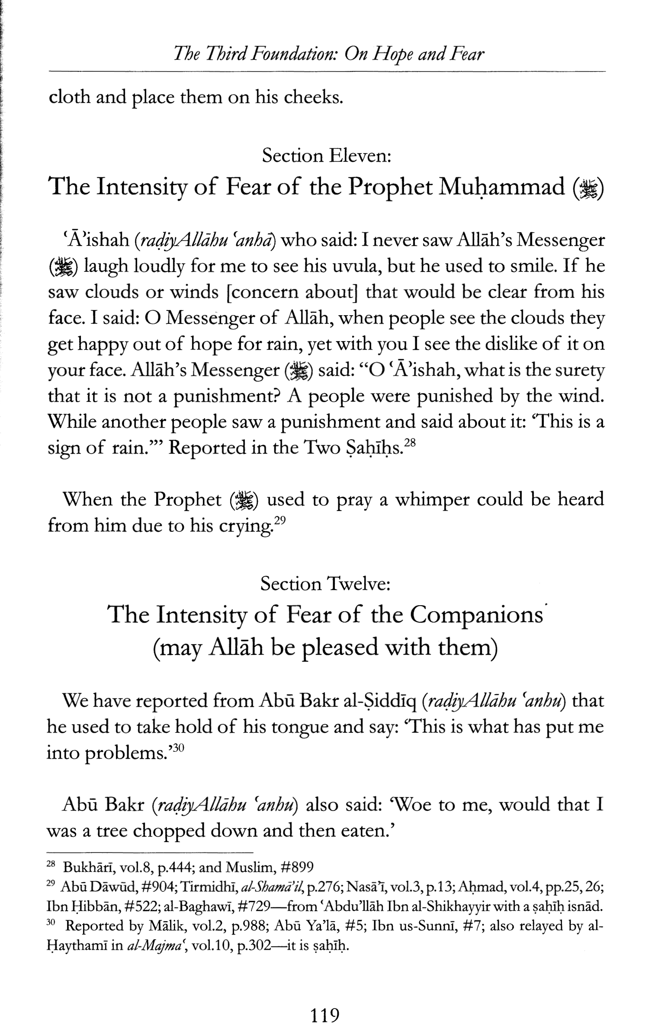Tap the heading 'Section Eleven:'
tap(327, 156)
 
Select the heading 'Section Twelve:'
tap(325, 584)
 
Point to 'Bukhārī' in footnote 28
tap(82, 867)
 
